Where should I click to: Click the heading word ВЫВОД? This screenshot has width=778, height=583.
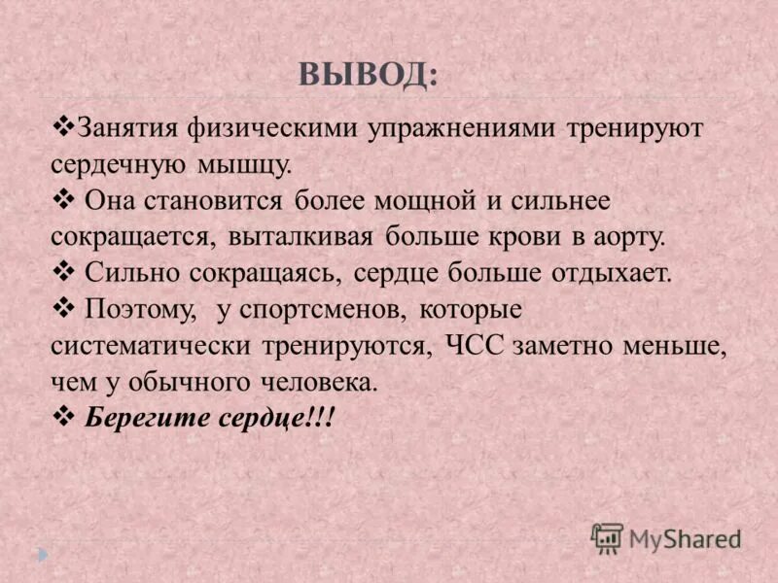[369, 74]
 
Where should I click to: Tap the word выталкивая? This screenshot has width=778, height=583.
[303, 237]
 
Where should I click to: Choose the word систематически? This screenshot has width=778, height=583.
[148, 346]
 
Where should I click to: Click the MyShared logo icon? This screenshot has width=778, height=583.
[607, 536]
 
